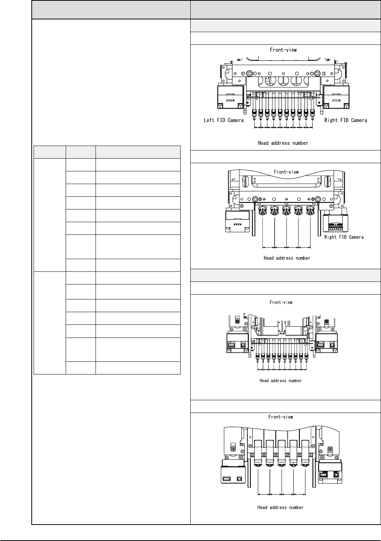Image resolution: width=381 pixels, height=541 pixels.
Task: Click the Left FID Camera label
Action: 224,120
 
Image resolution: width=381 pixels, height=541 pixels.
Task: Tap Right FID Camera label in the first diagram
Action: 346,120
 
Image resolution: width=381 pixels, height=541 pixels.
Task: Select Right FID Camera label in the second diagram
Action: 344,237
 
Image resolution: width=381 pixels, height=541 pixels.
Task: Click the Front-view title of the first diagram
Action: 283,49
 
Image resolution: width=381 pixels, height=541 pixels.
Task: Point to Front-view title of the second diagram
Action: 286,172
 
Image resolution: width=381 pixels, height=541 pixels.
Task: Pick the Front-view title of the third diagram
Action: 281,302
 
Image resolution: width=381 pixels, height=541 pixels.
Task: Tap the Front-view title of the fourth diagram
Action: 281,417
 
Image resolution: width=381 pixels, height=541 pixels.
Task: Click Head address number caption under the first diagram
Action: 283,143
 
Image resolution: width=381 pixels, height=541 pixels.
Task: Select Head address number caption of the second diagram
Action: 287,258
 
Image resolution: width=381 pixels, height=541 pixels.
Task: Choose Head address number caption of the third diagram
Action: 281,380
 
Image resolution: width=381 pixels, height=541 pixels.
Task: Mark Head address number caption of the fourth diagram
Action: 280,507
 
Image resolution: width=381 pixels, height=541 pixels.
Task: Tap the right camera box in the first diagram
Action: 336,97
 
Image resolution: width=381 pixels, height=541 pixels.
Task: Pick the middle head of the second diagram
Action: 286,211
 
